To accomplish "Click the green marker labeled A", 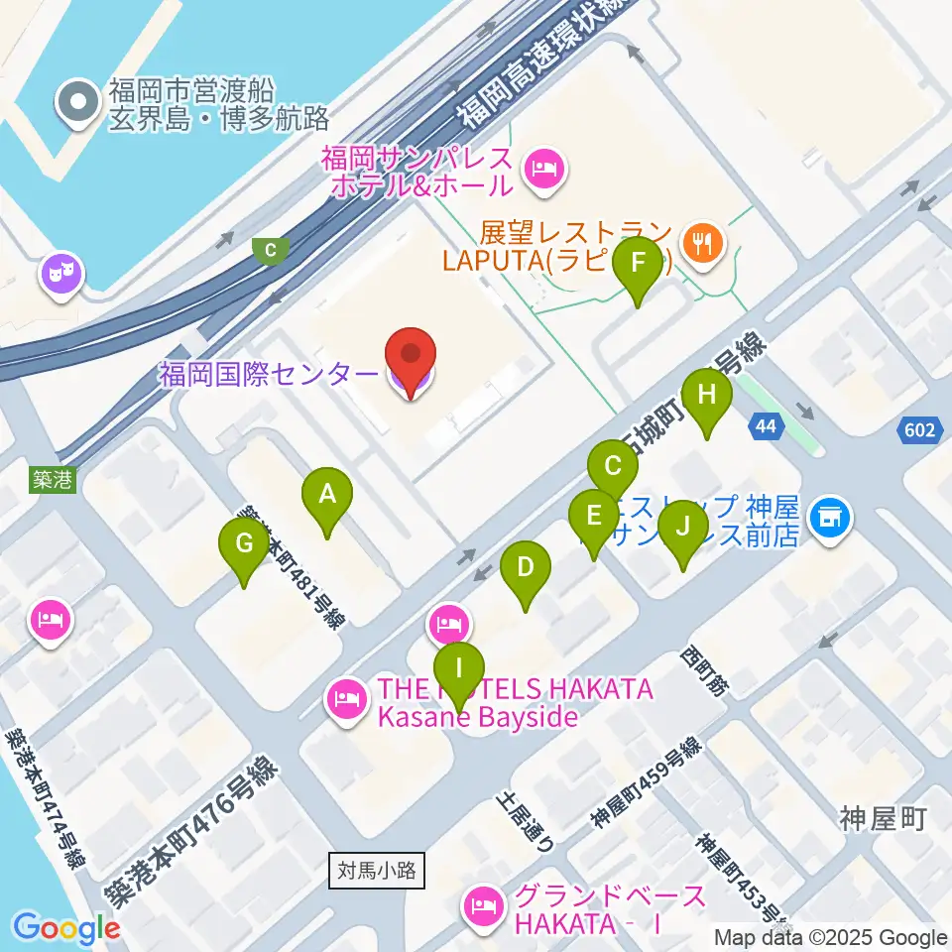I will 327,493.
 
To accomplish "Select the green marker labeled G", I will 244,543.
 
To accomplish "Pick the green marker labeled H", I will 706,395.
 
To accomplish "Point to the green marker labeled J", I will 681,527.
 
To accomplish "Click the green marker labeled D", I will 525,568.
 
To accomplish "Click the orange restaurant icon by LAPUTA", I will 703,244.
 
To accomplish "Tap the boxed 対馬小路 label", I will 377,872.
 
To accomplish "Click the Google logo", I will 66,928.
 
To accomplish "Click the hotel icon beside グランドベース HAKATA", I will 484,904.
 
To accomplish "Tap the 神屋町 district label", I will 882,819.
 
